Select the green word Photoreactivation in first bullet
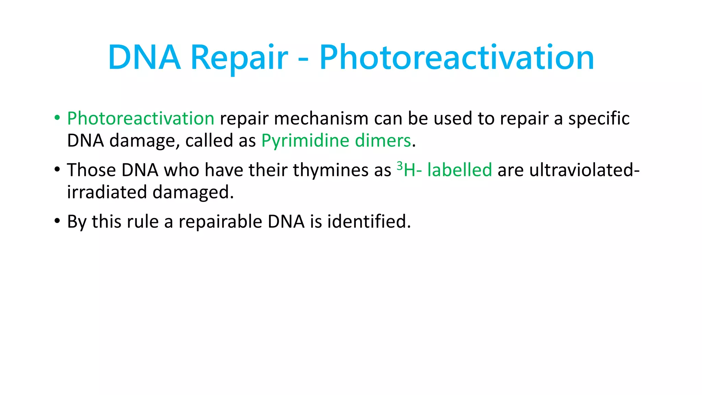coord(141,119)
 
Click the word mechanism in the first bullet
coord(321,119)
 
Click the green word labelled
coord(459,170)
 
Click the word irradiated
coord(107,192)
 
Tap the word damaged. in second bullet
coord(193,192)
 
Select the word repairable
coord(220,222)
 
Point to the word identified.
coord(369,222)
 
